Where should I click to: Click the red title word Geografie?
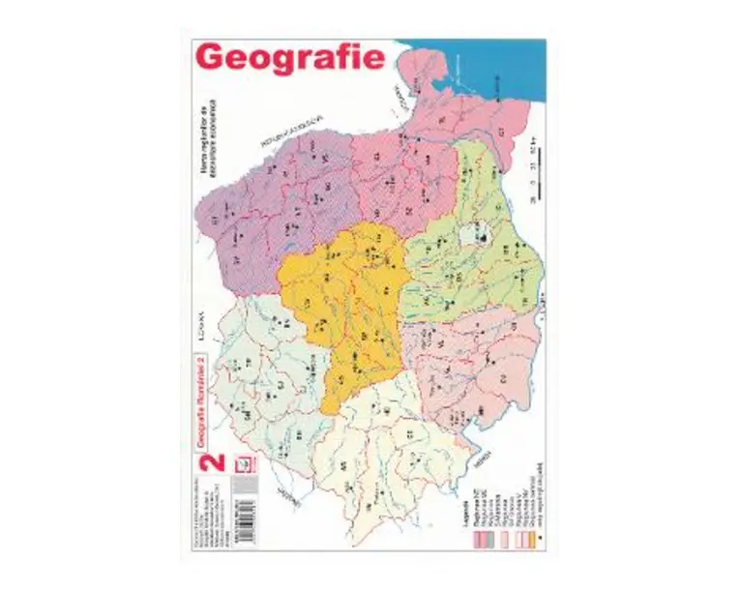click(x=290, y=57)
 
